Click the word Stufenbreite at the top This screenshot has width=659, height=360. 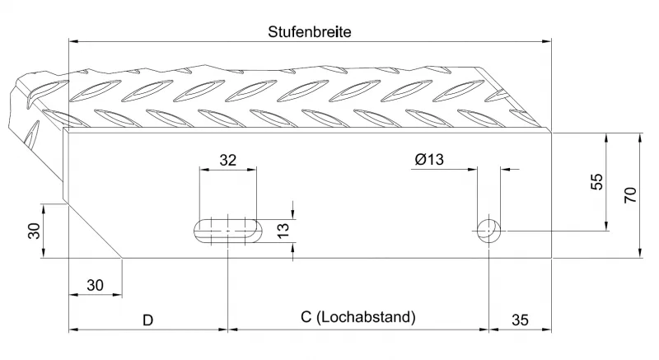[x=311, y=32]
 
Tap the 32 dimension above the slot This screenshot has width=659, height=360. [x=229, y=161]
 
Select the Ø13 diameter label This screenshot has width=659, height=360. [x=429, y=161]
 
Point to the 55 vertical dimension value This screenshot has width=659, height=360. [x=598, y=182]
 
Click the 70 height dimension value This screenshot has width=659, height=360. [x=630, y=195]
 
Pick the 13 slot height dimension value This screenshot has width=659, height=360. [x=282, y=230]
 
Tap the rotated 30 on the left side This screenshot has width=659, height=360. [x=33, y=231]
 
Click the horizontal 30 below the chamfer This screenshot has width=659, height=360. [x=95, y=285]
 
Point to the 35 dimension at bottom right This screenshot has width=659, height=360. [x=521, y=320]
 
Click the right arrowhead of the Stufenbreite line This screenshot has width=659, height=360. [x=547, y=40]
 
